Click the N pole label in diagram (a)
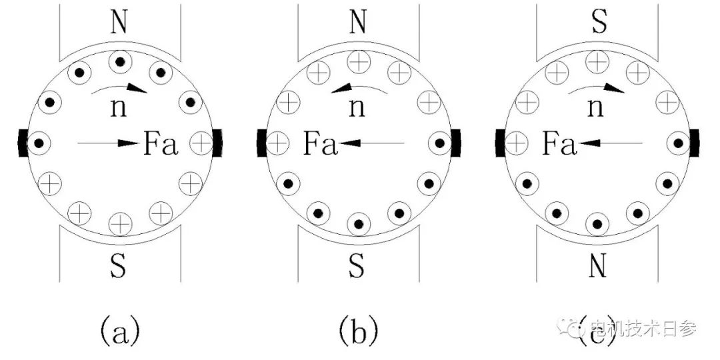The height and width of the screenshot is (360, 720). point(120,23)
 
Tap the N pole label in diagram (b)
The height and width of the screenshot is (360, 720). point(358,23)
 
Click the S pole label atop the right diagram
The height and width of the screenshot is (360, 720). point(597,23)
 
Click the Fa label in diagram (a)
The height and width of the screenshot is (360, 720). point(161,143)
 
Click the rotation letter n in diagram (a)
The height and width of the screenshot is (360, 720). point(120,107)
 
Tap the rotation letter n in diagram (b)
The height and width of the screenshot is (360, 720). point(358,107)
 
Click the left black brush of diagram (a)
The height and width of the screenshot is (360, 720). point(23,142)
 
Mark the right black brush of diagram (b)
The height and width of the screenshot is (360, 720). point(456,143)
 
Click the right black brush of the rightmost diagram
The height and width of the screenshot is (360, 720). point(695,143)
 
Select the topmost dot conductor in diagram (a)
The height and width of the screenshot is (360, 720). point(120,62)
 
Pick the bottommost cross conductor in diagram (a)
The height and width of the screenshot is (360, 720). point(120,222)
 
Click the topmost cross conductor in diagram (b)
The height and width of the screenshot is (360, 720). point(359,62)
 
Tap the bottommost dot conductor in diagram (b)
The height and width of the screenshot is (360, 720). point(359,223)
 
